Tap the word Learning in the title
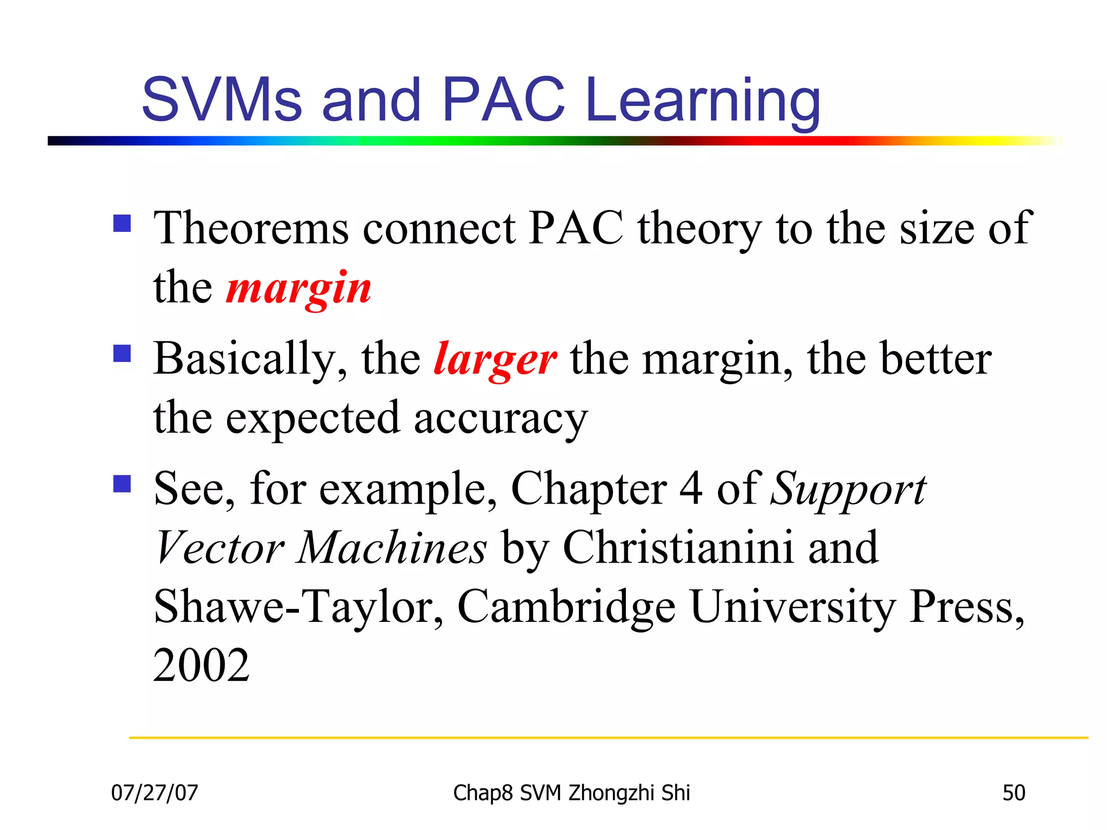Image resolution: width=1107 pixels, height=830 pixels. click(703, 102)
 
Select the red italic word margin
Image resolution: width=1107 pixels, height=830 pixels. click(299, 288)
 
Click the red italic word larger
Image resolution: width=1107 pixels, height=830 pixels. click(495, 359)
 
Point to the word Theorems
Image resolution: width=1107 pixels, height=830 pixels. click(251, 228)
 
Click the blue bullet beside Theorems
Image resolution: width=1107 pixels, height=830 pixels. click(122, 223)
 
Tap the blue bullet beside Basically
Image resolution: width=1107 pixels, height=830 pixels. click(122, 354)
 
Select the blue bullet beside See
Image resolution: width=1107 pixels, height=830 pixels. click(122, 484)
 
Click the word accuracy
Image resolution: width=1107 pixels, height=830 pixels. click(501, 419)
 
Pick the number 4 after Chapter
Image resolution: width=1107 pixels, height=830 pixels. click(691, 488)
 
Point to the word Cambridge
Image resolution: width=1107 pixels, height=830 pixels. click(566, 607)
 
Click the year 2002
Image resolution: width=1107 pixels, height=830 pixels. click(201, 665)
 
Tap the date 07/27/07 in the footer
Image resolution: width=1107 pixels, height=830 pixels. click(155, 793)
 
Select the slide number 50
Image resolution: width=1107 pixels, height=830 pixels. click(1013, 793)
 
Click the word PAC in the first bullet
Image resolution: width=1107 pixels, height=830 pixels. click(576, 228)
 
